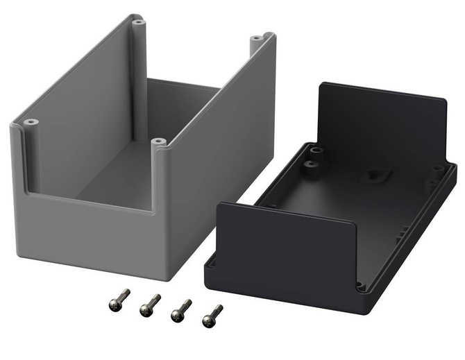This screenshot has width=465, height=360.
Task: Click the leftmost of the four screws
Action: [x=119, y=299]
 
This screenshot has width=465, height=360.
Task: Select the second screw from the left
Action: [x=149, y=305]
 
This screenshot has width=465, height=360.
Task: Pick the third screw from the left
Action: [x=180, y=310]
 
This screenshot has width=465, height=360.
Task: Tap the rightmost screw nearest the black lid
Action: [x=212, y=316]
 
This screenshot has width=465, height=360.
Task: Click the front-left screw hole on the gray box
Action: [x=31, y=123]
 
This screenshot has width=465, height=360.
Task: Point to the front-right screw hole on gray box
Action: [x=159, y=142]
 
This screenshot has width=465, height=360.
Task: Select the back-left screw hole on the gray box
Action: [x=138, y=22]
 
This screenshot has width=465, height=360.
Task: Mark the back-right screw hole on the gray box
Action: [x=257, y=37]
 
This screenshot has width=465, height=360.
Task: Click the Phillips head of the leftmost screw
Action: [x=113, y=303]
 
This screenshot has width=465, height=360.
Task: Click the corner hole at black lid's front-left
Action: [x=213, y=264]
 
